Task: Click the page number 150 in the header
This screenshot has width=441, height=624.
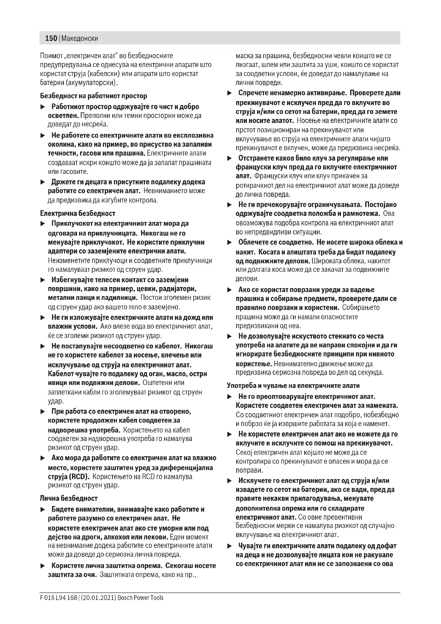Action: pos(51,38)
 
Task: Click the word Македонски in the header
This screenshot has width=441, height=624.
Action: pos(79,38)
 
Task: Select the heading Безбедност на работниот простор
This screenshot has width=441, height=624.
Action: pos(93,96)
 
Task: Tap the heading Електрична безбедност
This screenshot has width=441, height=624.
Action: pos(78,213)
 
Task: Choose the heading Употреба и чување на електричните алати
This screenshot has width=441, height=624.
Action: pos(293,385)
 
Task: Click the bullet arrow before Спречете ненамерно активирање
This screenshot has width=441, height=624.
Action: pos(230,93)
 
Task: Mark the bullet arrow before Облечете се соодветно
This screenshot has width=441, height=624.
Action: pos(230,243)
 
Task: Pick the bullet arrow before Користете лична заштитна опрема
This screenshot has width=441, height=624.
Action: pos(43,566)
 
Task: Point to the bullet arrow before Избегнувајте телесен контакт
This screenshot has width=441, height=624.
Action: pos(43,280)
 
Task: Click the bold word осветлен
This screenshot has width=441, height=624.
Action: pos(63,116)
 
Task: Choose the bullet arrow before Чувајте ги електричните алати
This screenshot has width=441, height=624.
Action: pos(230,546)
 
